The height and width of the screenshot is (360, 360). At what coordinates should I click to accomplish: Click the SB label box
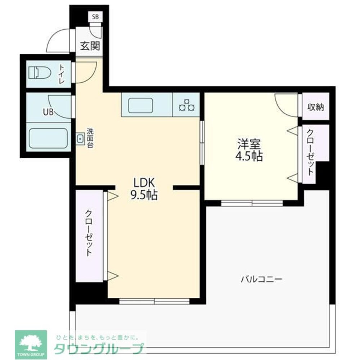pos(95,17)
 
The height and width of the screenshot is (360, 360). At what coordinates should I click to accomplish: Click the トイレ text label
pos(62,73)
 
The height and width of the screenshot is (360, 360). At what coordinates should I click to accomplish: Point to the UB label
pos(48,112)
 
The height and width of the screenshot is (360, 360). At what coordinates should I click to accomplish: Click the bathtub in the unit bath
pos(48,138)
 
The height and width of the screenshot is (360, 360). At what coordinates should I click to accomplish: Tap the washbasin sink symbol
pos(80,138)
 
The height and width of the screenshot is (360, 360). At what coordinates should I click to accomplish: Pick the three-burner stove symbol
pos(187,105)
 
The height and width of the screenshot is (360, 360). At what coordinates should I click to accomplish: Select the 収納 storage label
pos(316,107)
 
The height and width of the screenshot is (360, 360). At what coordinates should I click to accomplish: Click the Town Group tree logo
pos(31,342)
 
